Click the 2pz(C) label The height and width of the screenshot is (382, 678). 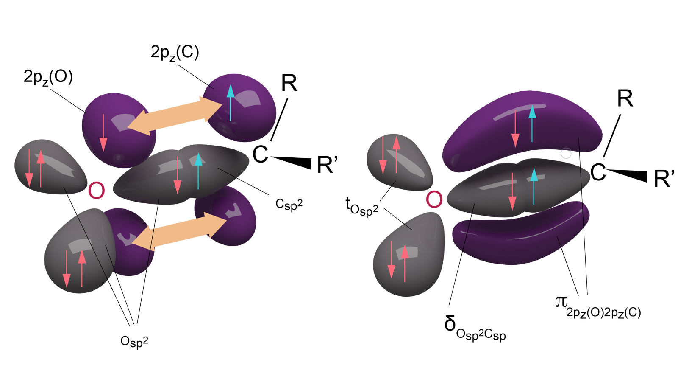click(175, 53)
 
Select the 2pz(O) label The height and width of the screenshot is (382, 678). click(48, 78)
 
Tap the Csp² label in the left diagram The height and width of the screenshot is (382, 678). click(289, 204)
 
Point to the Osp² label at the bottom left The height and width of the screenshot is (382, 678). click(134, 341)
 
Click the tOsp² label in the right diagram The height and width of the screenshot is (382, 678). click(361, 207)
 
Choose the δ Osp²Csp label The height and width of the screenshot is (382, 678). click(475, 327)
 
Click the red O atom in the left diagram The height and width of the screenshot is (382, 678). click(96, 191)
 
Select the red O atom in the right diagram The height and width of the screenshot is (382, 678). click(434, 199)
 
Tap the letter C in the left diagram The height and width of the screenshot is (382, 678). click(260, 154)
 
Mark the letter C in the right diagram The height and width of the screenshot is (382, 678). click(598, 173)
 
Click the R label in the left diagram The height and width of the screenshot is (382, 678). click(289, 84)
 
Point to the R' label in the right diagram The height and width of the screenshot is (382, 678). click(664, 179)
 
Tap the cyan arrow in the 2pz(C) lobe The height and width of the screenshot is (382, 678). click(230, 102)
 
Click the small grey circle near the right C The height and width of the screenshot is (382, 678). click(566, 153)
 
